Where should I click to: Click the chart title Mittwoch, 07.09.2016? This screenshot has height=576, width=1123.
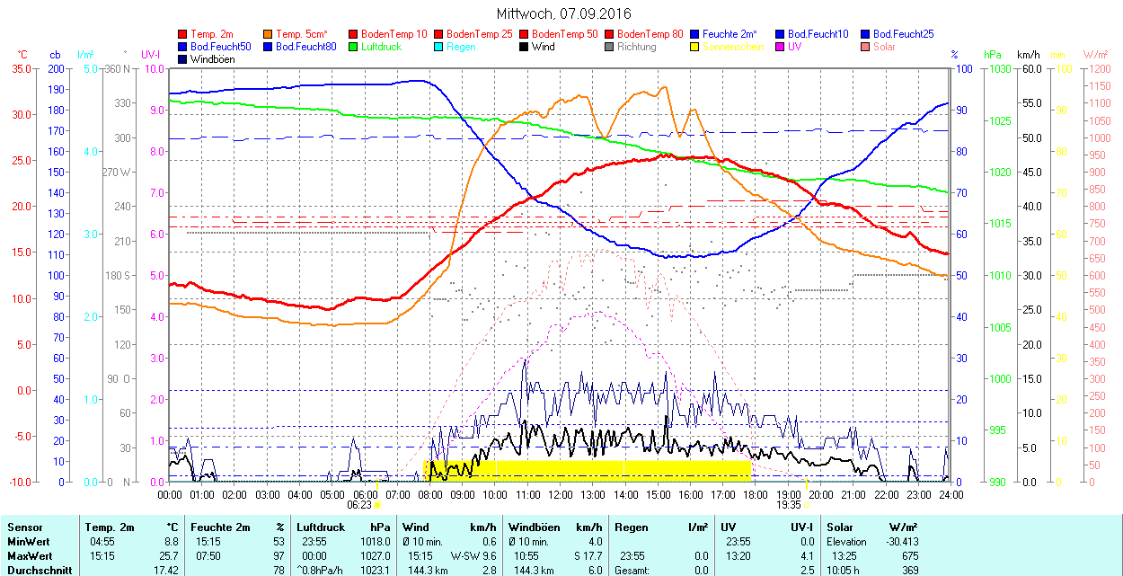tap(563, 13)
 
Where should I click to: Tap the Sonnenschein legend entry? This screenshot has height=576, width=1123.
tap(733, 47)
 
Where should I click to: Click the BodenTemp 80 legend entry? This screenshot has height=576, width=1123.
tap(651, 34)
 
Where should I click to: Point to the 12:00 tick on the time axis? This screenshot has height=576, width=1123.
tap(561, 493)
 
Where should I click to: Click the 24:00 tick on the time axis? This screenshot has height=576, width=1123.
tap(951, 493)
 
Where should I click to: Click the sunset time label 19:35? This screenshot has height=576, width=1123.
tap(789, 505)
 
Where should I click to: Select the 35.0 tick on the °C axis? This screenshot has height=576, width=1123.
tap(17, 68)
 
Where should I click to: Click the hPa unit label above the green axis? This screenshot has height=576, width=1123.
tap(993, 55)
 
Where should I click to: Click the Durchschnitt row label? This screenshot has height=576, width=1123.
tap(35, 571)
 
